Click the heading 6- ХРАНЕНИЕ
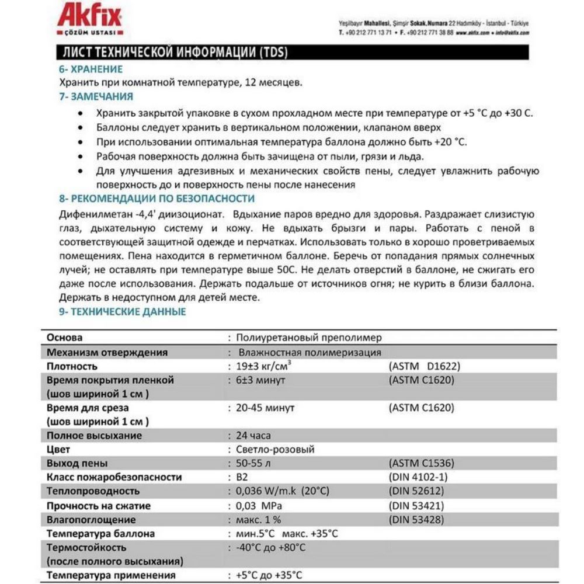coord(91,69)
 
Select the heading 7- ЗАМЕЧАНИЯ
coord(96,96)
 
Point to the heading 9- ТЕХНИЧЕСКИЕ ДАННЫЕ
coord(123,311)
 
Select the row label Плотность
coord(72,366)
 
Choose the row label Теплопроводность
coord(93,491)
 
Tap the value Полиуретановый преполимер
coord(309,338)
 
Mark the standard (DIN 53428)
coord(416,519)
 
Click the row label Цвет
coord(58,450)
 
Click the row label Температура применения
coord(111,575)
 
